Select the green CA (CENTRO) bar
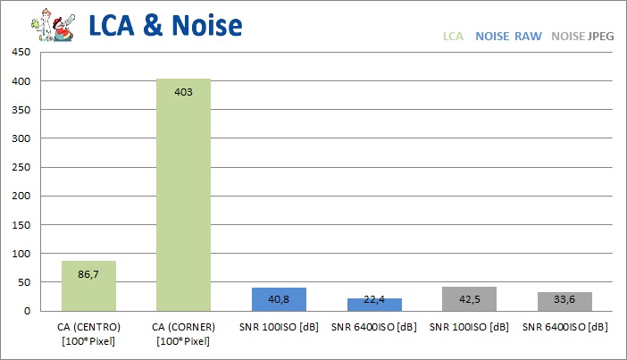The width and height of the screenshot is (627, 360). coord(88,286)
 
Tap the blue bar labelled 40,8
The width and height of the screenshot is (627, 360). coord(279,299)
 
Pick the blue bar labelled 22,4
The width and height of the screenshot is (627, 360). coord(373,305)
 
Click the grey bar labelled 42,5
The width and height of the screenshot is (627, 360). coord(469,298)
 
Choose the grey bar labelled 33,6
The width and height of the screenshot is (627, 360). coord(564,301)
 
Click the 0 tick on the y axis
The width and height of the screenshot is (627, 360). coord(28,311)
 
